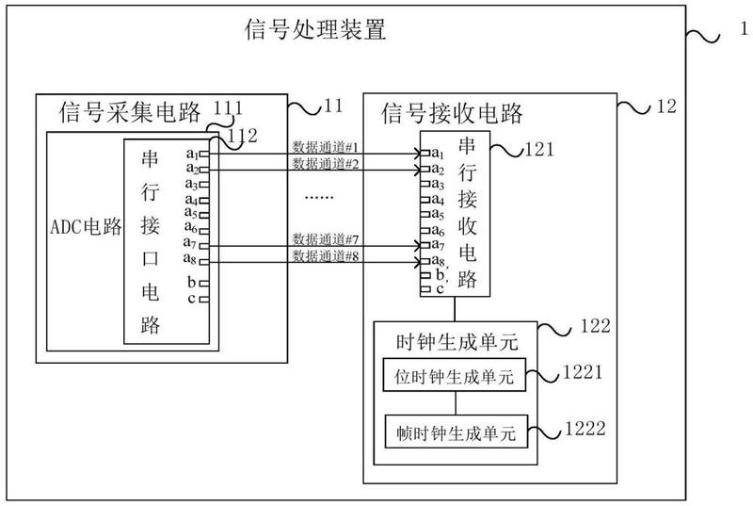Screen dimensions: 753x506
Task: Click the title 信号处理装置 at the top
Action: tap(315, 29)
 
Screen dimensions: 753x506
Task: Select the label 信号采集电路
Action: tap(130, 112)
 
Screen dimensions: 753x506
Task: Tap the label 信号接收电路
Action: tap(452, 113)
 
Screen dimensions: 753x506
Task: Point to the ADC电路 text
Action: tap(86, 226)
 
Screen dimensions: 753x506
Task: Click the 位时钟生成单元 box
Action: tap(454, 375)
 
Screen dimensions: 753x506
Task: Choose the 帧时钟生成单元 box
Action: tap(457, 432)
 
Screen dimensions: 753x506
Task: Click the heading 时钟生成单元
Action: tap(457, 342)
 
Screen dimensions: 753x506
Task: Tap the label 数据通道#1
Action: tap(326, 147)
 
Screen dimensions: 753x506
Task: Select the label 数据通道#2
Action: tap(326, 164)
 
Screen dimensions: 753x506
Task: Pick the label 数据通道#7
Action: tap(326, 238)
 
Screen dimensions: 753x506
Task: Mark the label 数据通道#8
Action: tap(326, 256)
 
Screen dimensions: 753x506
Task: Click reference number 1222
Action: tap(585, 428)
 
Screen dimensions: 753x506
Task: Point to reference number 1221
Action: tap(583, 372)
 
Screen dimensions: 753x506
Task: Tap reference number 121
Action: tap(539, 150)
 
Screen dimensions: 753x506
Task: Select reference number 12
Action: tap(666, 106)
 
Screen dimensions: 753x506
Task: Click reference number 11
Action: tap(333, 106)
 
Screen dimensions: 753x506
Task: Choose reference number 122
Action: tap(596, 326)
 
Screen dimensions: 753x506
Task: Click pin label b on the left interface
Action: tap(191, 282)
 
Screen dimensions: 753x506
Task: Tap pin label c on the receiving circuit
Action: tap(440, 289)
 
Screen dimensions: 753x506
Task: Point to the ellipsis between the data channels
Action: tap(319, 198)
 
